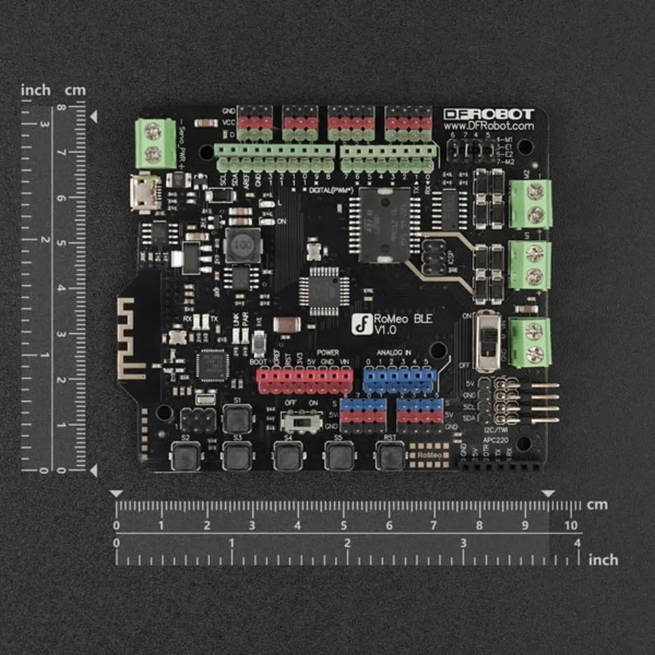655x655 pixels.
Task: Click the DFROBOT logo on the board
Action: tap(489, 113)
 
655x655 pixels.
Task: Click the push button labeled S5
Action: tap(340, 455)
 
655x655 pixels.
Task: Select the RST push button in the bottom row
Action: tap(391, 455)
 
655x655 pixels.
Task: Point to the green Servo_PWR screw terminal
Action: tap(155, 143)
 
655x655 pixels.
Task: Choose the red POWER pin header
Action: tap(304, 380)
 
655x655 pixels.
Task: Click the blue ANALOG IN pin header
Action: tap(399, 380)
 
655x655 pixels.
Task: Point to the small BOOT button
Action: tap(259, 343)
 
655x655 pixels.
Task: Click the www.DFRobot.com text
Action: tap(489, 126)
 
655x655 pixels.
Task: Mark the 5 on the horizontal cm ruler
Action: tap(343, 525)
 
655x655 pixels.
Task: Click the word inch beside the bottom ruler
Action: tap(603, 560)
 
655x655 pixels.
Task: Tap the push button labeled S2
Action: tap(186, 455)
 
